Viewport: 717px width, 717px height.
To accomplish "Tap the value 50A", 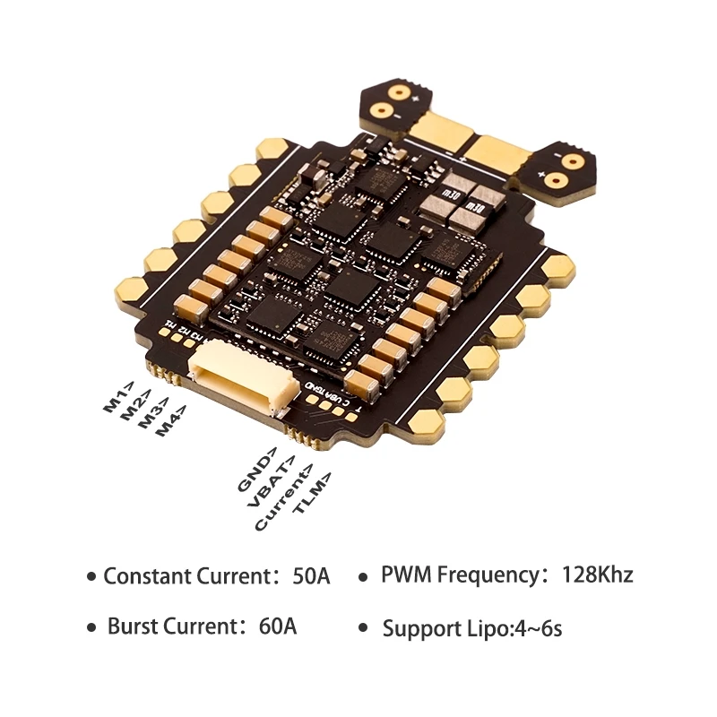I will click(x=311, y=576).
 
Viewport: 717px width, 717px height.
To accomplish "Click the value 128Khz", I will click(x=597, y=574).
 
